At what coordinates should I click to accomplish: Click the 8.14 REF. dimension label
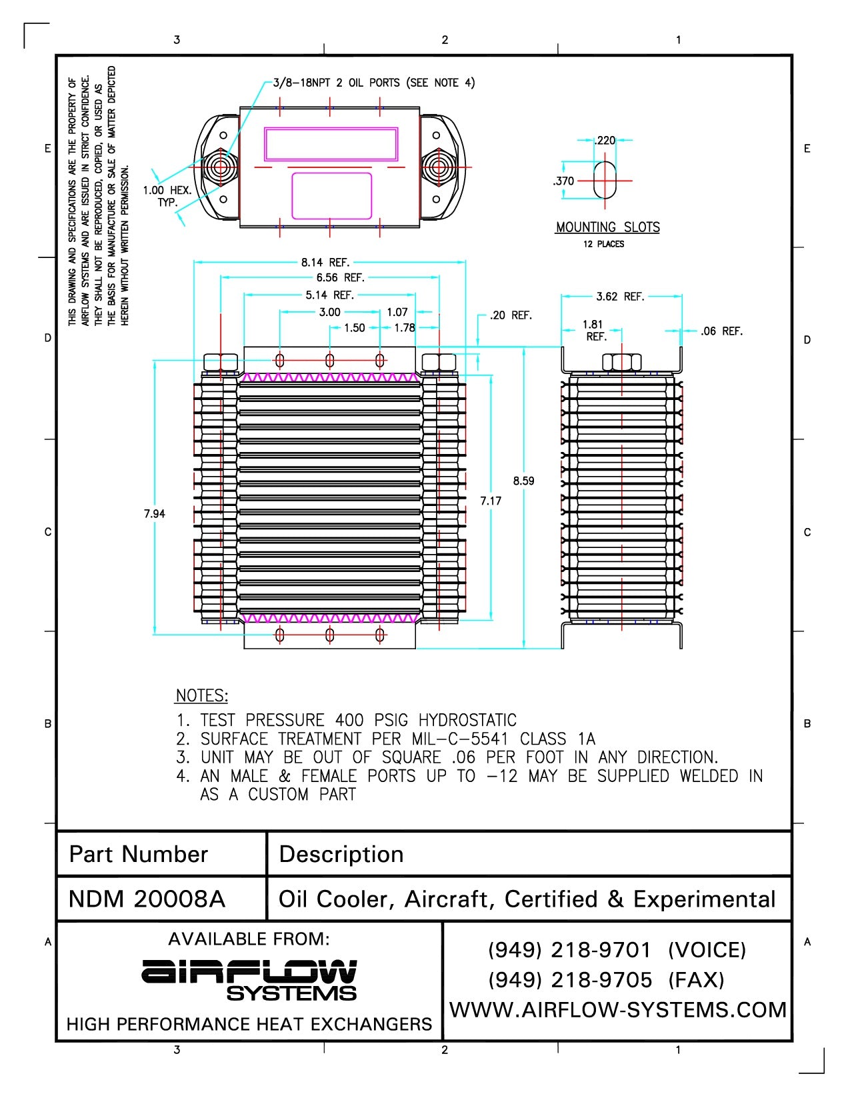click(325, 263)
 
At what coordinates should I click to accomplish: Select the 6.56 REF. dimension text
click(340, 278)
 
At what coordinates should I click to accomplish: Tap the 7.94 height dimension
click(154, 514)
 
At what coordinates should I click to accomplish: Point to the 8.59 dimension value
click(523, 481)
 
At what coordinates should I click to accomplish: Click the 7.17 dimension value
click(491, 501)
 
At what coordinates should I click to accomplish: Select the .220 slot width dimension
click(605, 141)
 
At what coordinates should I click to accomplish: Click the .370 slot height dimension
click(563, 181)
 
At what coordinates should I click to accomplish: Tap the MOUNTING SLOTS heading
click(607, 227)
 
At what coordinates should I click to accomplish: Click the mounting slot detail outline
click(605, 180)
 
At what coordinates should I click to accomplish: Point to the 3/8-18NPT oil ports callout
click(374, 83)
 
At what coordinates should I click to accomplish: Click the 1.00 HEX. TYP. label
click(167, 196)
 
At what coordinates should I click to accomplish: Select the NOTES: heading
click(201, 696)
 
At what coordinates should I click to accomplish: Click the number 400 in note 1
click(349, 721)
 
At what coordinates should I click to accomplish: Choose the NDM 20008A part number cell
click(147, 899)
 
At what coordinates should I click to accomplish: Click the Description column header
click(341, 855)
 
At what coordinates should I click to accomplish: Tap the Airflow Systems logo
click(249, 980)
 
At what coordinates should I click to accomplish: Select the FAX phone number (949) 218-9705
click(570, 980)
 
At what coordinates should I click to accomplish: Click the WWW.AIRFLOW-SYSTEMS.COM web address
click(618, 1010)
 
